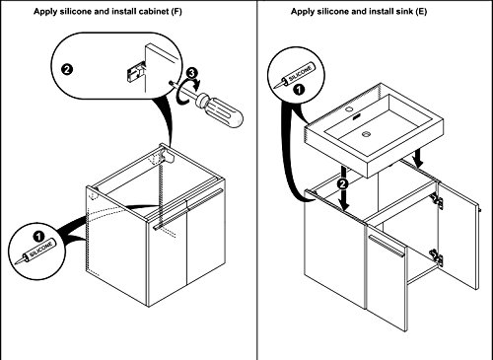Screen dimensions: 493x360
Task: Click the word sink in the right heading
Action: tap(403, 12)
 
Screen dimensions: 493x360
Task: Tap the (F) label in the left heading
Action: tap(176, 12)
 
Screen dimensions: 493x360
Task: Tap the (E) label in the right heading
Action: tap(421, 12)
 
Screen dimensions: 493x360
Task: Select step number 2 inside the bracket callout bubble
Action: tap(67, 70)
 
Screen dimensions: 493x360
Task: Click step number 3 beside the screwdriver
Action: tap(192, 73)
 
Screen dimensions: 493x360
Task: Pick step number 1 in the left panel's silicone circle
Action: tap(38, 237)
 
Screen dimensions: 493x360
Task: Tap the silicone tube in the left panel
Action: tap(35, 252)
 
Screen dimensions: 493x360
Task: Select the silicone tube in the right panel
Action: tap(294, 76)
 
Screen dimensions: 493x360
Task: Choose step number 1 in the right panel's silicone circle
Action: tap(299, 90)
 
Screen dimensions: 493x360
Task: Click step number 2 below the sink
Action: tap(343, 184)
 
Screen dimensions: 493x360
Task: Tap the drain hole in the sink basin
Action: tap(367, 133)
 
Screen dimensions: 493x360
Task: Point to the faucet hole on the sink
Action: tap(349, 108)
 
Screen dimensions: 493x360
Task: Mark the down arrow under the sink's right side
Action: tap(418, 158)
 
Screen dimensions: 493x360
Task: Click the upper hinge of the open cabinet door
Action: tap(436, 201)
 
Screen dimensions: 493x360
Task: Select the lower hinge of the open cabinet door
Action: tap(436, 257)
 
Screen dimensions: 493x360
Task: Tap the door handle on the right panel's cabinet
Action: tap(386, 246)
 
